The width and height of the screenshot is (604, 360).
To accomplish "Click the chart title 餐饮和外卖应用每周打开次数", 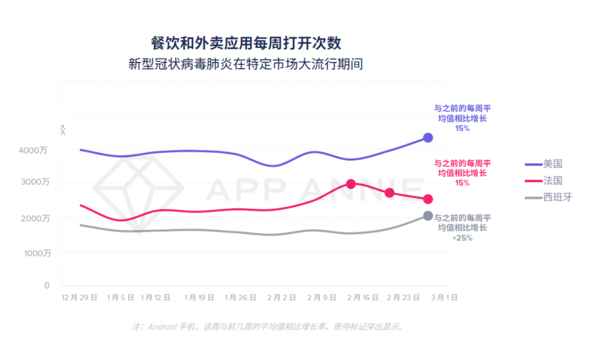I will click(x=246, y=43).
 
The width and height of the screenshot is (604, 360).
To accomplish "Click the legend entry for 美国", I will click(x=546, y=163).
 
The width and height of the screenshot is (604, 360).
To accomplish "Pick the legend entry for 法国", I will click(x=546, y=180).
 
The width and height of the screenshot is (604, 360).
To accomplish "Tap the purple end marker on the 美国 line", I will click(x=428, y=138).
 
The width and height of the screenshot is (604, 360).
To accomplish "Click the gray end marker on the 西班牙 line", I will click(x=428, y=216).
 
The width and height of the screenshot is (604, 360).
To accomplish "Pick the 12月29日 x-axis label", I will click(x=80, y=298).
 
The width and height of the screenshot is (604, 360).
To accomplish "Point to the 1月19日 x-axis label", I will click(x=199, y=298).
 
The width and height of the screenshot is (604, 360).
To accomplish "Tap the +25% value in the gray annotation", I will click(x=462, y=238).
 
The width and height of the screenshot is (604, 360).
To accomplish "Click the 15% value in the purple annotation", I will click(x=462, y=128).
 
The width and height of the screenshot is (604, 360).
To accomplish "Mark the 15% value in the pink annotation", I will click(x=462, y=183).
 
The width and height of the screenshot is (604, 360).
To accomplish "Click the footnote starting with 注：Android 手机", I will click(x=268, y=326).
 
